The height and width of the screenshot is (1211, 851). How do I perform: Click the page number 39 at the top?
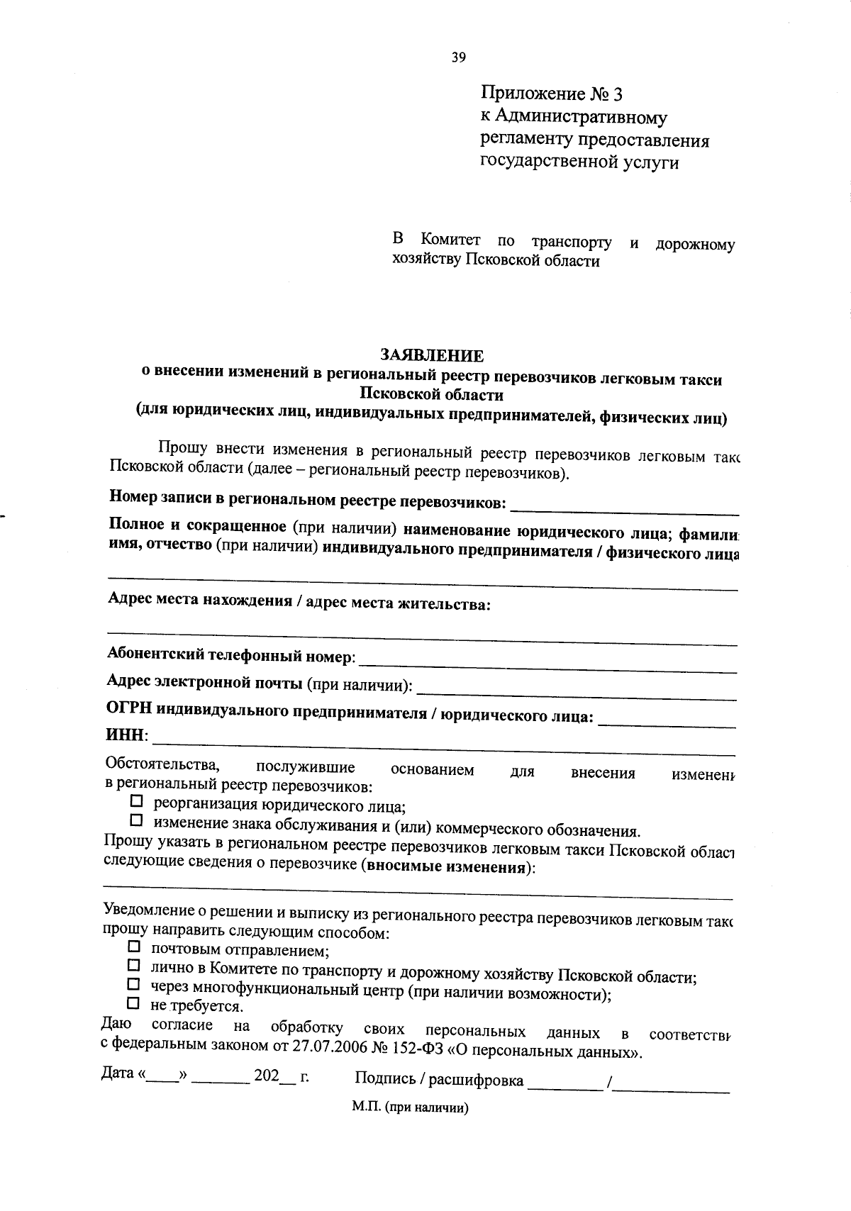click(x=458, y=58)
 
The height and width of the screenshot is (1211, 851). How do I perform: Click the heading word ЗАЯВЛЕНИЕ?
click(x=432, y=356)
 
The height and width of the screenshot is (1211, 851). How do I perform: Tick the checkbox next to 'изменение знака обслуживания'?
click(x=137, y=821)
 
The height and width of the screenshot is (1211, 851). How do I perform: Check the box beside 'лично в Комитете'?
click(x=133, y=966)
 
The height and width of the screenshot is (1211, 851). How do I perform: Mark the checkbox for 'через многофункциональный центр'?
click(x=133, y=985)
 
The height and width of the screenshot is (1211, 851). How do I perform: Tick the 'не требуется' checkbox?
click(x=133, y=1003)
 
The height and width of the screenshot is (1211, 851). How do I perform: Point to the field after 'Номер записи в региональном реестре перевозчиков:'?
click(x=624, y=508)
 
